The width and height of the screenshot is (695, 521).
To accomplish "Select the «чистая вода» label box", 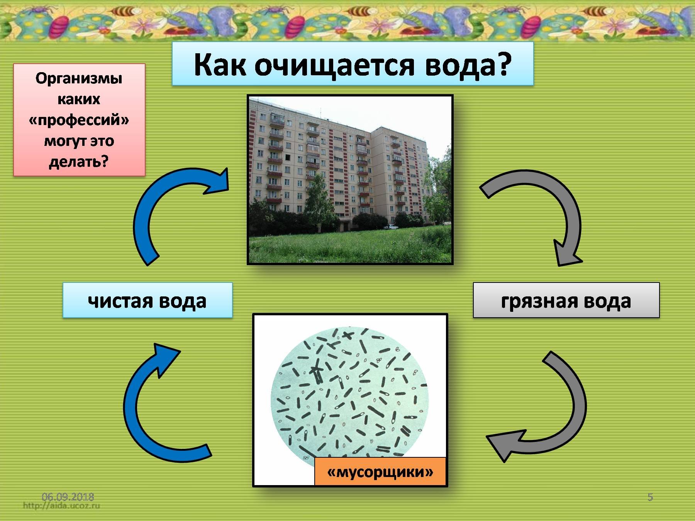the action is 147,300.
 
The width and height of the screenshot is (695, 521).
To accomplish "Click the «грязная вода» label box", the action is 566,300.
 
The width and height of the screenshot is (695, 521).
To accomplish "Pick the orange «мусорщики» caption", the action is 380,471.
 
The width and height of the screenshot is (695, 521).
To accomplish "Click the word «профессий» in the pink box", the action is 79,120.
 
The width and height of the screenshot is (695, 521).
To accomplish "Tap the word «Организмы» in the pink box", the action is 79,78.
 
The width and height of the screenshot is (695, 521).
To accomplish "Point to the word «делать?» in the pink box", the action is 79,162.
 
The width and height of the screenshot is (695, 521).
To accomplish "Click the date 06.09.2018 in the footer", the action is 68,497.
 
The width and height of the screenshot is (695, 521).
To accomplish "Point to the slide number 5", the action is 650,497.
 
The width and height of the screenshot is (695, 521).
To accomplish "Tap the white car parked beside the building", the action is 390,227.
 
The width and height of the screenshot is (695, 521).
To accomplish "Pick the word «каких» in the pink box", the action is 79,99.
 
